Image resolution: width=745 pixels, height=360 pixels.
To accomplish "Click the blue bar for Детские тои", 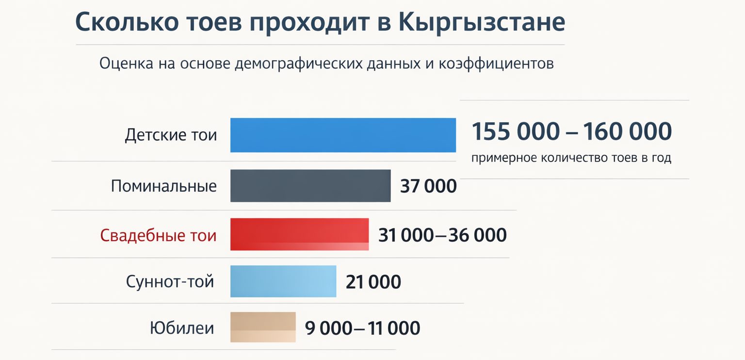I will coord(343,135).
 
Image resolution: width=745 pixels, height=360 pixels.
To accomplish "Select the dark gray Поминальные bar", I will coord(310,185).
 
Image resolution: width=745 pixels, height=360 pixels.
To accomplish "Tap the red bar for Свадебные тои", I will coord(299,234).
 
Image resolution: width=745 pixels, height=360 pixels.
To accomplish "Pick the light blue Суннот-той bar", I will coord(283,281).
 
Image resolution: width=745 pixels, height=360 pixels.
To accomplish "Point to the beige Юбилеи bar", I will coord(263,327).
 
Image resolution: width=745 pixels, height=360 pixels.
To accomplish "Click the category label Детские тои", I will coord(171,134).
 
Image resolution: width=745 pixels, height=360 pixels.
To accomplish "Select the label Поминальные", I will coord(164,186).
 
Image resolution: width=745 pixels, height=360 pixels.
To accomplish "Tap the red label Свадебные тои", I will coord(158,235).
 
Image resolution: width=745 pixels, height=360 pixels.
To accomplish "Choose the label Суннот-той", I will coord(170,281).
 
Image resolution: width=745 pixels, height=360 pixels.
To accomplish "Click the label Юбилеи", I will coord(182,328).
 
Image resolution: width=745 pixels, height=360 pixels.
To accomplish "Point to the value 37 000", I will coord(428,186).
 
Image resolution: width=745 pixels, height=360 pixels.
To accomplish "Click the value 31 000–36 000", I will coord(442,235).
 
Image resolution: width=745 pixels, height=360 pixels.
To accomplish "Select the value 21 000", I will coord(373,282).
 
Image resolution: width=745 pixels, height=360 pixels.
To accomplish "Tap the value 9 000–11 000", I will coord(363,328).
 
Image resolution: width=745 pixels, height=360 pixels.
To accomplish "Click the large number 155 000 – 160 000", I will coord(572,131).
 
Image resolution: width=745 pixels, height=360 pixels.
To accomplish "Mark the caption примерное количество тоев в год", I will coord(571,158).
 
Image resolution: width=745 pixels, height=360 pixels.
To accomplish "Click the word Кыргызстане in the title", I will coord(482,23).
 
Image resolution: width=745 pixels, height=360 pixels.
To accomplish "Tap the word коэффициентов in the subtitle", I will coord(496,64).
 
